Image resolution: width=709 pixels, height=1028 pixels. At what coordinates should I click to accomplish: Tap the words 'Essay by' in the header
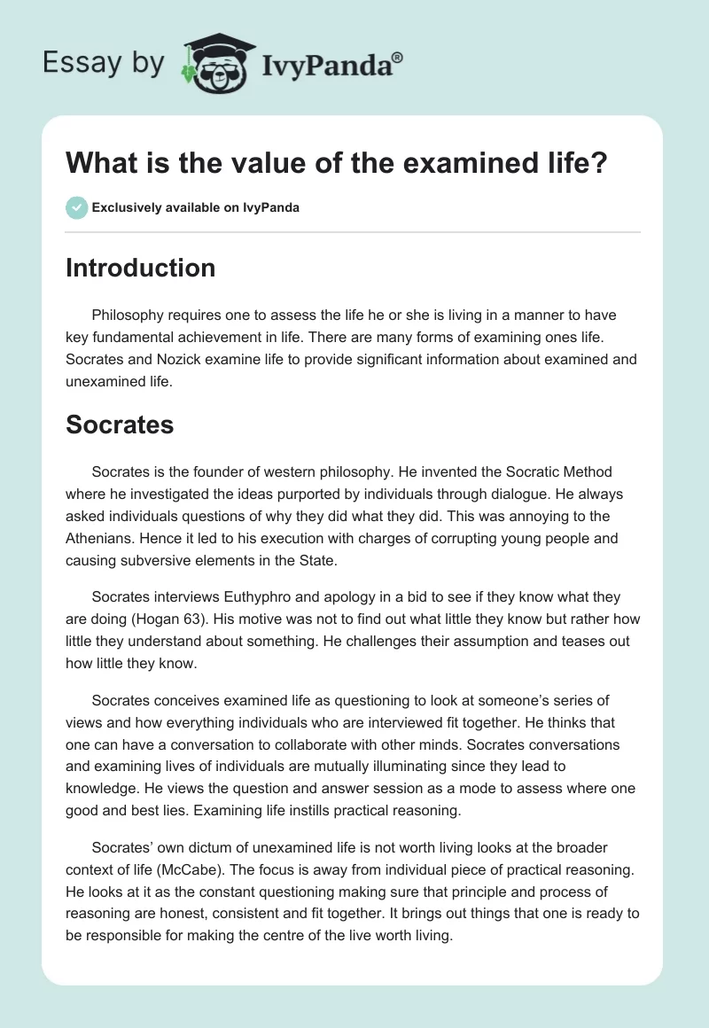[x=103, y=64]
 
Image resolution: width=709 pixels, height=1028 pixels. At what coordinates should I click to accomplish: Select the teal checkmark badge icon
[x=76, y=207]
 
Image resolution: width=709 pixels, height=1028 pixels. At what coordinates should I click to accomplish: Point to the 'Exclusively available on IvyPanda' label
[x=196, y=208]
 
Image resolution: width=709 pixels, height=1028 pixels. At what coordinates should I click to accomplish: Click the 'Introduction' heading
[x=140, y=268]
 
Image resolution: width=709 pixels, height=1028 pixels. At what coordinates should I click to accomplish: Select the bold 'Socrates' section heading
[x=120, y=424]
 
